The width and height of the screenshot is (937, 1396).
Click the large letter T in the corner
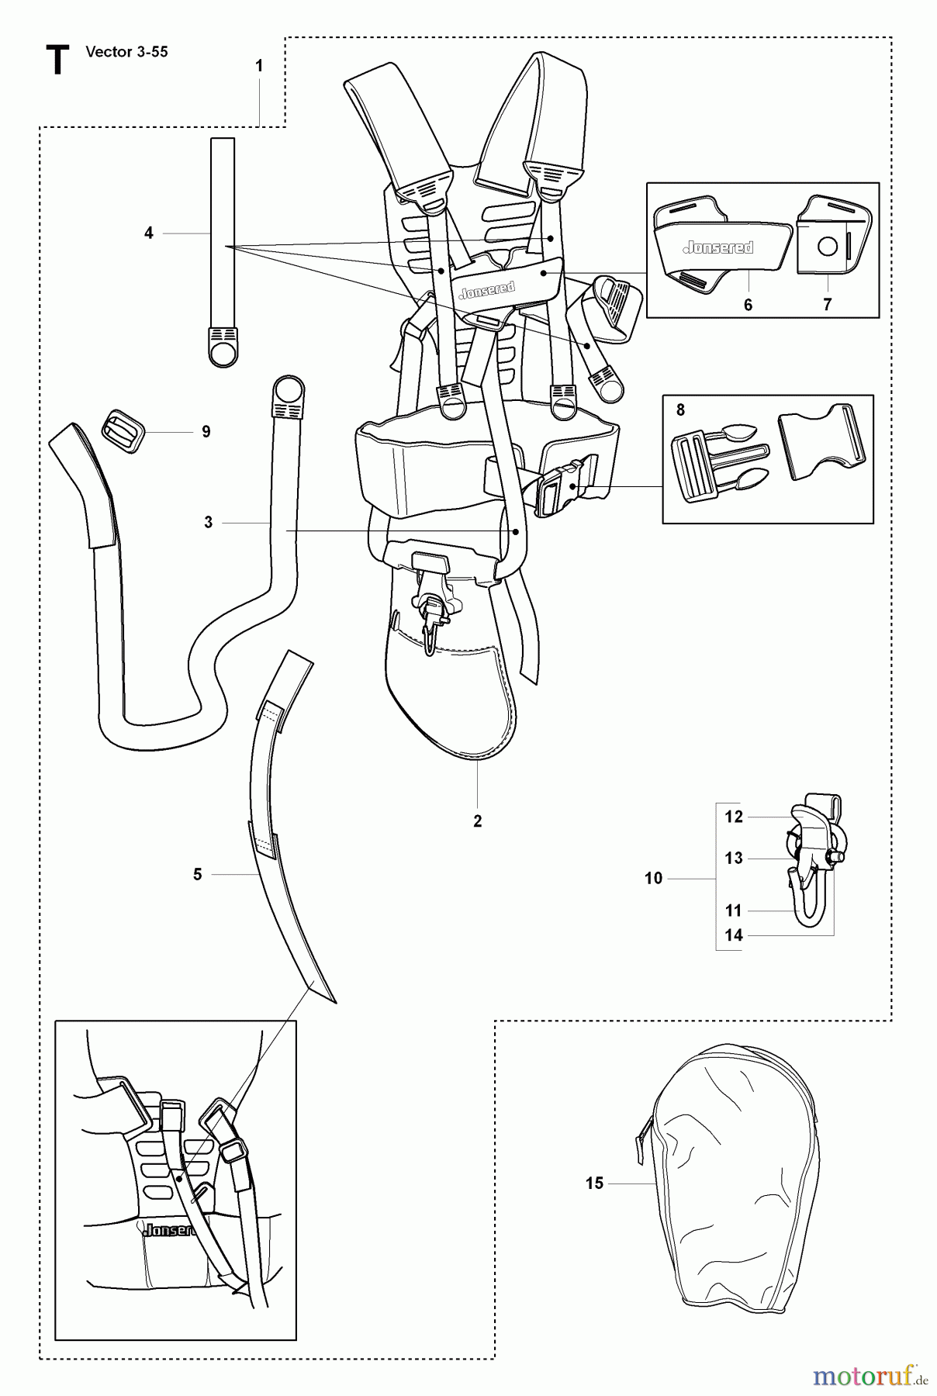[57, 60]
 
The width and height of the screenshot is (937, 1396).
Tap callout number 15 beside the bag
[594, 1183]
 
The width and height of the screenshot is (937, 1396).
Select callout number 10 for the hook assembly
[653, 878]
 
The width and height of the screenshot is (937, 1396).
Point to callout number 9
[206, 432]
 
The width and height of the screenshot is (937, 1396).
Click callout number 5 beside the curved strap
[197, 874]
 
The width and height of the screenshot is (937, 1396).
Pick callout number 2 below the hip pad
[478, 821]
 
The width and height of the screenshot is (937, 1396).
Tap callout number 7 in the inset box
[827, 305]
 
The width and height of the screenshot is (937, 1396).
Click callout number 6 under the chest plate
[748, 305]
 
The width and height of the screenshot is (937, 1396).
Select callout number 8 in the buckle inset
[680, 410]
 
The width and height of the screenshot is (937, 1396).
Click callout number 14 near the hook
[733, 935]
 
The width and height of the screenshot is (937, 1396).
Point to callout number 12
[733, 817]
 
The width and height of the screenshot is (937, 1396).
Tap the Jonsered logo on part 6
[717, 248]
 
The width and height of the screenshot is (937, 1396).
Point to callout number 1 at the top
[259, 67]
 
